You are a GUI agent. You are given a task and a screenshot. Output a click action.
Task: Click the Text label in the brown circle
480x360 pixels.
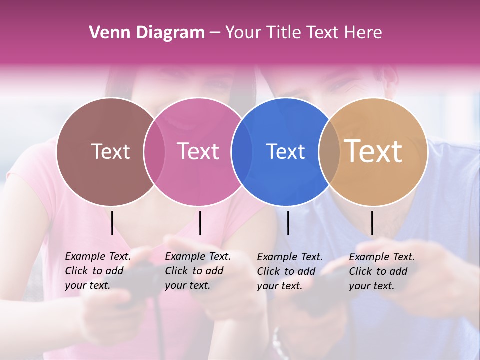pos(110,151)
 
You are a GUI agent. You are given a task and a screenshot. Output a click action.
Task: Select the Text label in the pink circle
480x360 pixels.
pos(198,151)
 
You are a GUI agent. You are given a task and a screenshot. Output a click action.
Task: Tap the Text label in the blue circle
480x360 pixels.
pos(285,151)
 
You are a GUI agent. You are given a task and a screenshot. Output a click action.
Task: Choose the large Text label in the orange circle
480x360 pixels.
pos(373,151)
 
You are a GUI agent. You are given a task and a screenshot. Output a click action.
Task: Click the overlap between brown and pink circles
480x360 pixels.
pos(154,151)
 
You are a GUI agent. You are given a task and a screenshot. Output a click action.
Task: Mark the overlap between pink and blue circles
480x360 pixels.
pos(242,151)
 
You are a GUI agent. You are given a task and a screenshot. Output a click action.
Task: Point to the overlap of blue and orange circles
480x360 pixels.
pos(329,151)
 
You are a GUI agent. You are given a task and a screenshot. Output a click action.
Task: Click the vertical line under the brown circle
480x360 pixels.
pos(112,223)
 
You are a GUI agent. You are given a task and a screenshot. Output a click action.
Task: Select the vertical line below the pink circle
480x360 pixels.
pos(200,223)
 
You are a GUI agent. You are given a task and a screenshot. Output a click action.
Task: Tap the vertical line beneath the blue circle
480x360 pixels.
pos(288,223)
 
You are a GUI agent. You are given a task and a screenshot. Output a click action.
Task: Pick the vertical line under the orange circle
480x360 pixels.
pos(372,223)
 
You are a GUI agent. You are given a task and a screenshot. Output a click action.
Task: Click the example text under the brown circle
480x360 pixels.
pos(98,271)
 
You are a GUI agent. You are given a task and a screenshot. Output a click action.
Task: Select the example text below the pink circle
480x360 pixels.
pos(198,271)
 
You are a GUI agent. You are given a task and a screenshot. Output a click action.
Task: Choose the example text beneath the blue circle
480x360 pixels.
pos(290,271)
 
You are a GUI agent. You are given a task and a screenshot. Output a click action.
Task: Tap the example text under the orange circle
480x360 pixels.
pos(382,271)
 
